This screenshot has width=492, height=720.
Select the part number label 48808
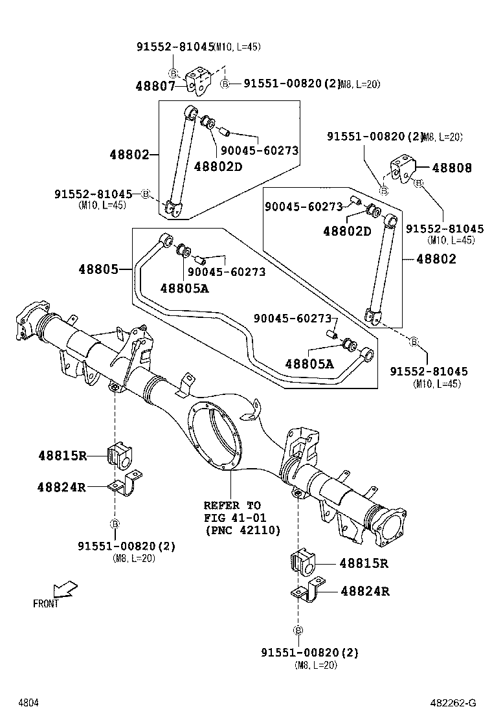(452, 168)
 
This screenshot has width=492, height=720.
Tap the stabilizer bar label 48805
(98, 268)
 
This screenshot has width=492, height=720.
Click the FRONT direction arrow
(65, 589)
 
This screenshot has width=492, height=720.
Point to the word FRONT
(46, 603)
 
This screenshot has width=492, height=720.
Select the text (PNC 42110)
(242, 530)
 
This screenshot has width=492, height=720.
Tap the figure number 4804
(27, 703)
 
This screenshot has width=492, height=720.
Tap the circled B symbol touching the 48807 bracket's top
(173, 73)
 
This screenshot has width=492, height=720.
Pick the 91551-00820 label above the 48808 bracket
(374, 137)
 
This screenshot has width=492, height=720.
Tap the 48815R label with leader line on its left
(364, 563)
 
